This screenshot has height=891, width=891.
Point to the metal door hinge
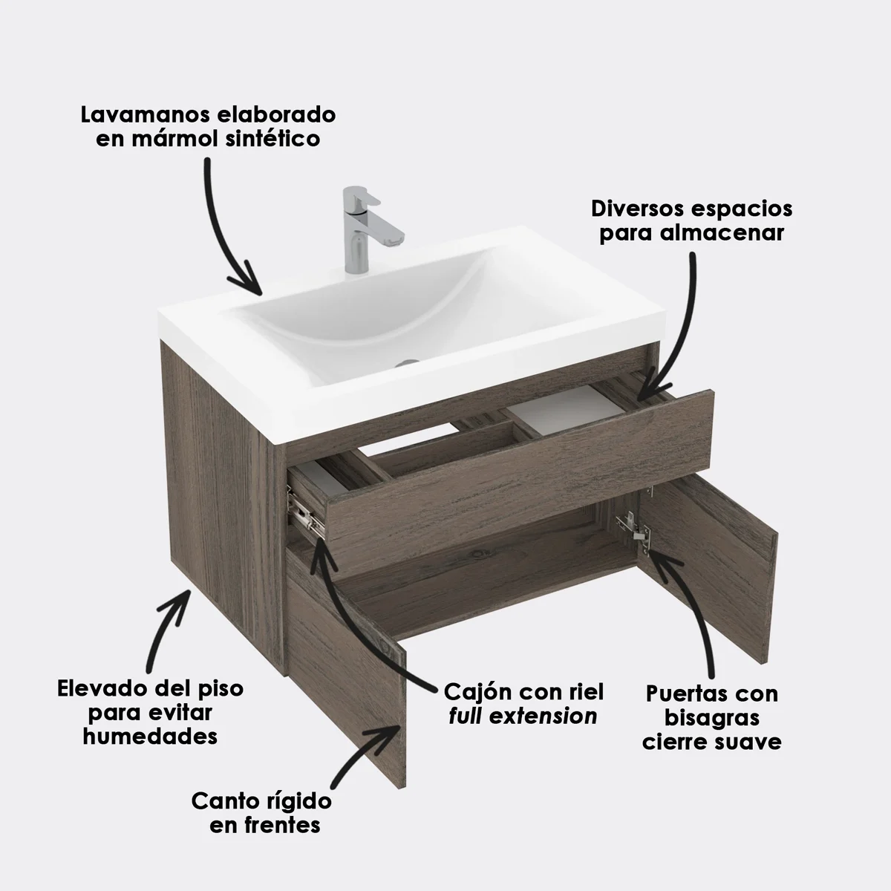tap(633, 529)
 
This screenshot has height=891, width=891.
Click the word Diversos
tap(637, 209)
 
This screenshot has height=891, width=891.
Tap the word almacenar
tap(721, 233)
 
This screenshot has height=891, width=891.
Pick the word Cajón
tap(477, 692)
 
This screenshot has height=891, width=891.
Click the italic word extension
tap(543, 717)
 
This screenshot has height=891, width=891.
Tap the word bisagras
tap(711, 718)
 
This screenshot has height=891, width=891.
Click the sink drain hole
tap(407, 364)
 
